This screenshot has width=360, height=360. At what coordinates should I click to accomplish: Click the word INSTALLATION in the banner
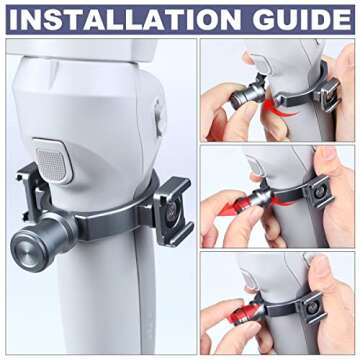124,19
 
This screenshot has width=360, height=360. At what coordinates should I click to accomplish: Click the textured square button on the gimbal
53,160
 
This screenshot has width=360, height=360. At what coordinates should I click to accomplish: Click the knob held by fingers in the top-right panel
246,95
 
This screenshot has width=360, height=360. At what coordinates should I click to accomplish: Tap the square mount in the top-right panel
326,94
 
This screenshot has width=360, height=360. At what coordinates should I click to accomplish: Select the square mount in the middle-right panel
318,193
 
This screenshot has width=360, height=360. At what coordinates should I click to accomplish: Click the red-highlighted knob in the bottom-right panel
246,314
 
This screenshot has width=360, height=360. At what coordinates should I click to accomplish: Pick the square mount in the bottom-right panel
312,308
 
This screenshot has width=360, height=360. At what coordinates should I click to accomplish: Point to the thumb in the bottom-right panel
325,277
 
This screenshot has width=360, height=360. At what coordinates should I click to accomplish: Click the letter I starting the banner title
13,19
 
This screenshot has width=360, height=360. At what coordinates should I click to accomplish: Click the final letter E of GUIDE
342,19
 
